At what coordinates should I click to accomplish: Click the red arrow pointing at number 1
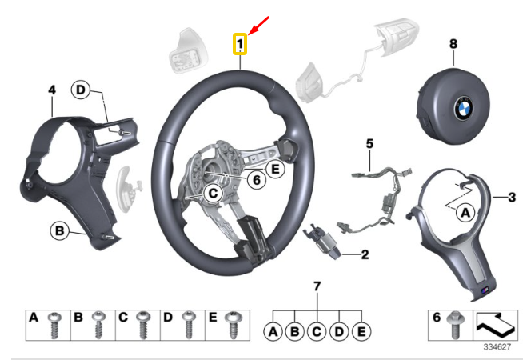[258, 25]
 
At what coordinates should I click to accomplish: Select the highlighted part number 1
[240, 44]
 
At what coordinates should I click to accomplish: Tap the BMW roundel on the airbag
[463, 108]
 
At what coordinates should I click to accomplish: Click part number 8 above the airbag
[453, 44]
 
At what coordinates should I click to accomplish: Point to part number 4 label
[52, 90]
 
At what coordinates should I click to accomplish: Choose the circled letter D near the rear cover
[81, 90]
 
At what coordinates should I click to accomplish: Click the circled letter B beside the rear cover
[59, 231]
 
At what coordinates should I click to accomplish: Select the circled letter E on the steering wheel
[275, 169]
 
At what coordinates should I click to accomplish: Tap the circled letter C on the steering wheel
[213, 194]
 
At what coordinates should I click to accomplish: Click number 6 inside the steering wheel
[256, 180]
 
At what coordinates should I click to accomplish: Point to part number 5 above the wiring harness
[369, 144]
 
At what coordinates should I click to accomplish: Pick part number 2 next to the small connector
[365, 255]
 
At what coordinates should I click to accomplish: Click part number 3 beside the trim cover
[512, 198]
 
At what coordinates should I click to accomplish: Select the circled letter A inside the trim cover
[465, 212]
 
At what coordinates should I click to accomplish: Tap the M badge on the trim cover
[485, 290]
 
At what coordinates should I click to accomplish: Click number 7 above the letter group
[317, 286]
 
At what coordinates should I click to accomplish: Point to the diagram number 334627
[497, 347]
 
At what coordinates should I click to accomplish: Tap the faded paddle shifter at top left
[189, 50]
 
